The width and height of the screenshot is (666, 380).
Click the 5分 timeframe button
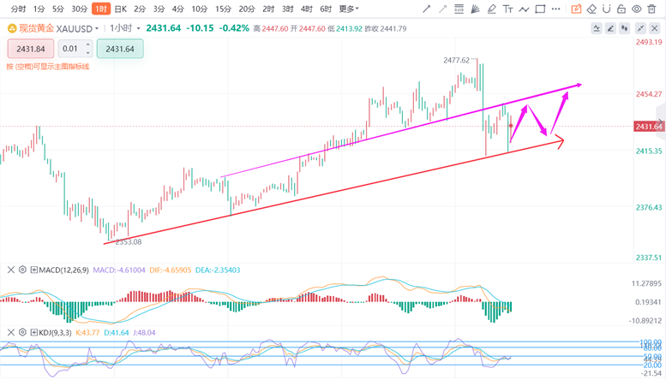click(x=58, y=9)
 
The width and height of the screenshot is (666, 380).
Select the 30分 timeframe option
click(x=80, y=9)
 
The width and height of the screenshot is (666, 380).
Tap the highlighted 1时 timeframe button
click(x=100, y=9)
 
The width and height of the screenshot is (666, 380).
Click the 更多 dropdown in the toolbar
click(x=349, y=9)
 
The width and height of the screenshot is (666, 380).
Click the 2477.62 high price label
click(x=456, y=61)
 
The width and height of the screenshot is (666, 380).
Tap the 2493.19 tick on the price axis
click(x=648, y=42)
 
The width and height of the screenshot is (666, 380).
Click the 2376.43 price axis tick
click(x=648, y=207)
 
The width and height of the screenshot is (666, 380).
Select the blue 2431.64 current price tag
click(x=649, y=127)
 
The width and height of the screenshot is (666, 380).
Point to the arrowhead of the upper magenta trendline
click(x=580, y=84)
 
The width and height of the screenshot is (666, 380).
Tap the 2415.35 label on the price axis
click(x=648, y=151)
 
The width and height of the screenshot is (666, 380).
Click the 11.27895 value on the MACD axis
click(x=648, y=283)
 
